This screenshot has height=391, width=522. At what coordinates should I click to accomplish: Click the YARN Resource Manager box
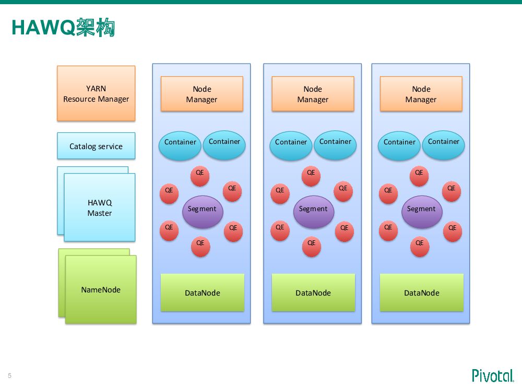[x=96, y=93]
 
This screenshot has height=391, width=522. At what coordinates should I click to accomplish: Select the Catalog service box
[x=96, y=146]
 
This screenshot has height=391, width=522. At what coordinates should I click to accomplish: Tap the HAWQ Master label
[x=100, y=207]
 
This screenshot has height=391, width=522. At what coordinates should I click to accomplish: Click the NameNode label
[x=101, y=290]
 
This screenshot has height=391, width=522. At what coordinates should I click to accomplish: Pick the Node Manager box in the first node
[x=201, y=94]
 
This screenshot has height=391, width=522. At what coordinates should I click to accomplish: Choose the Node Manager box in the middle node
[x=313, y=94]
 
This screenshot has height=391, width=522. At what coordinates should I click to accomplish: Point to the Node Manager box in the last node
[x=421, y=94]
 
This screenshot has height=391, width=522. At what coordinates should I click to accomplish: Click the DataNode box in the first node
[x=203, y=292]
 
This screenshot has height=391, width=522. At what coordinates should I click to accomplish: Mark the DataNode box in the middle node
[x=313, y=292]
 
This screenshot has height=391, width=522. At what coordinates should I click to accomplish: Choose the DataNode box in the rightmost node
[x=422, y=292]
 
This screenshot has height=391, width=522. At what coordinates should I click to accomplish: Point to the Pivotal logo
[x=493, y=375]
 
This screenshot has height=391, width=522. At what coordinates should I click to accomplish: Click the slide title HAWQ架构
[x=63, y=27]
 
